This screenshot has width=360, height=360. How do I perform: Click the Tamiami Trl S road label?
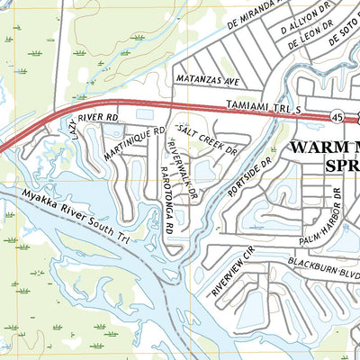point(255,106)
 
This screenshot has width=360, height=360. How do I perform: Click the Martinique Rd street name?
point(133,143)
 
